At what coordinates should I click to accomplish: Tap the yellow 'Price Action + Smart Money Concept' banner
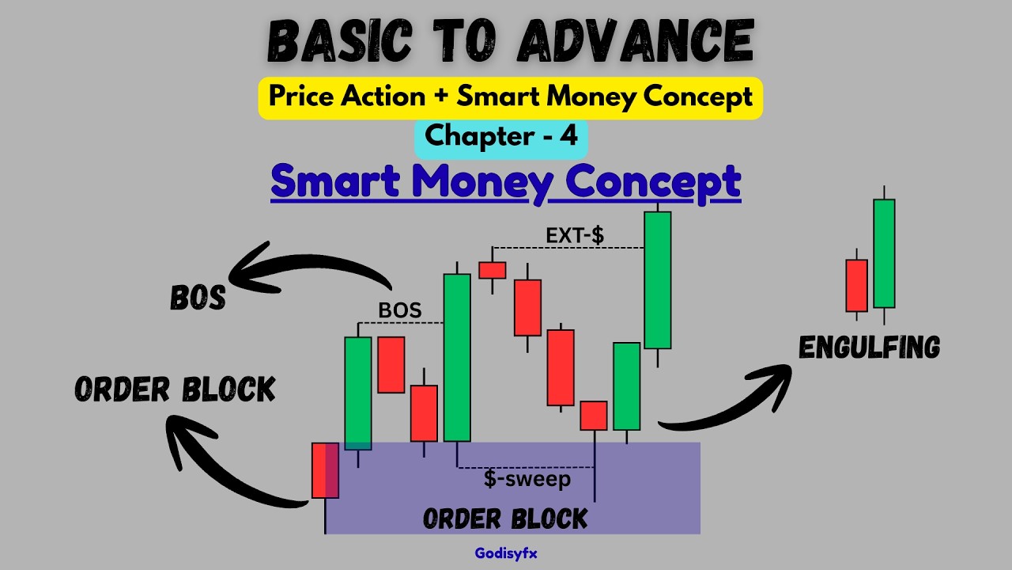pyautogui.click(x=510, y=97)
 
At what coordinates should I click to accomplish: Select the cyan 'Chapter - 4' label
pyautogui.click(x=501, y=136)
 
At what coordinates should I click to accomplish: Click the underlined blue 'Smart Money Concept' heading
pyautogui.click(x=505, y=182)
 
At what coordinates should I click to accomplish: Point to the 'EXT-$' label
pyautogui.click(x=575, y=235)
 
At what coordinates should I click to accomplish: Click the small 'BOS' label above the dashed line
pyautogui.click(x=400, y=310)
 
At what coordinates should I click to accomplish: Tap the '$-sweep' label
pyautogui.click(x=527, y=479)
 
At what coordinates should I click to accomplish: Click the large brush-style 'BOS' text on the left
pyautogui.click(x=198, y=298)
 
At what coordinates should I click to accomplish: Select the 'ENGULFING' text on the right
pyautogui.click(x=869, y=348)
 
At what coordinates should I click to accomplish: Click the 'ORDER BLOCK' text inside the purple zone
pyautogui.click(x=505, y=519)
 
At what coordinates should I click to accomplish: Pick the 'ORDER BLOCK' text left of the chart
pyautogui.click(x=175, y=389)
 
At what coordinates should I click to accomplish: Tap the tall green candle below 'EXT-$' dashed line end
pyautogui.click(x=657, y=279)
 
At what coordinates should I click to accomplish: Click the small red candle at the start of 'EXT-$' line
pyautogui.click(x=492, y=270)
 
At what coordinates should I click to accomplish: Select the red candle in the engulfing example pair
pyautogui.click(x=856, y=285)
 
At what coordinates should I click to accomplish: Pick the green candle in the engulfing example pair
pyautogui.click(x=884, y=253)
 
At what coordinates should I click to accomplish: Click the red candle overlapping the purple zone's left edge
pyautogui.click(x=325, y=470)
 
